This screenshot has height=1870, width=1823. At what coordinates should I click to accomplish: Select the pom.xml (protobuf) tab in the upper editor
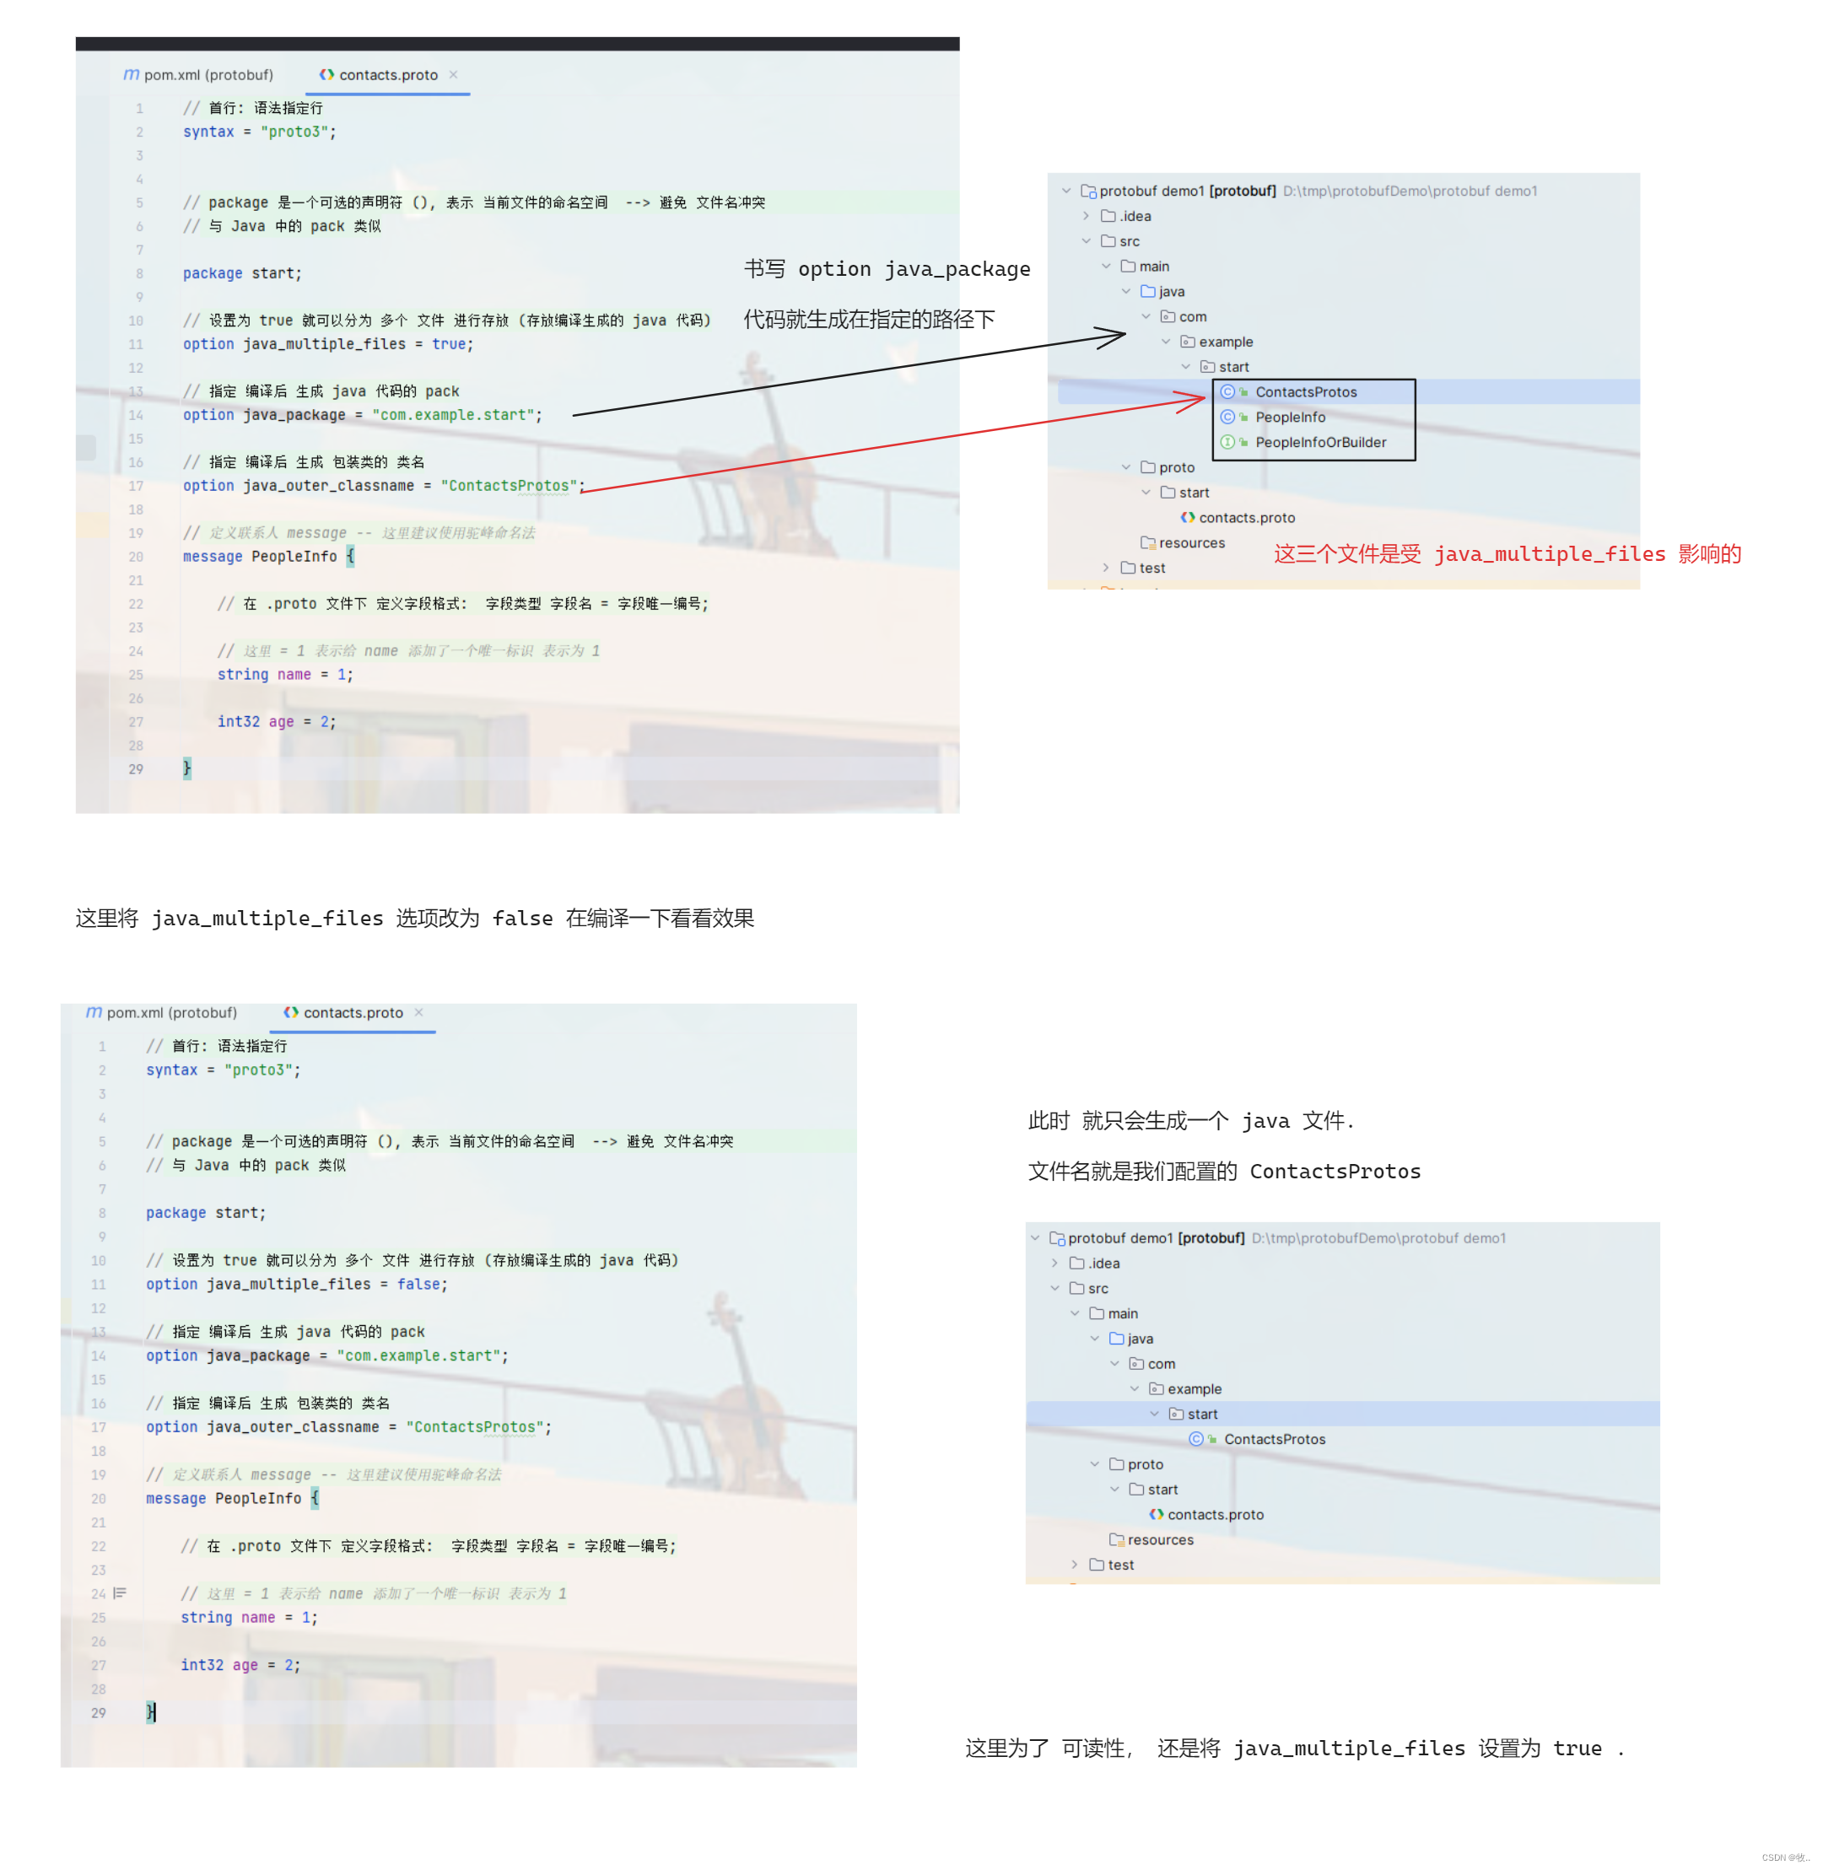click(198, 75)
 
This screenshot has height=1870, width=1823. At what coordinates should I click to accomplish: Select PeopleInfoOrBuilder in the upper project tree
click(1319, 442)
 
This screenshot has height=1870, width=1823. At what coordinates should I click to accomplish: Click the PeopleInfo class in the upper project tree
click(1290, 418)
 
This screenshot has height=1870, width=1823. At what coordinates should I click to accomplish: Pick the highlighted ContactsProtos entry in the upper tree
click(1305, 391)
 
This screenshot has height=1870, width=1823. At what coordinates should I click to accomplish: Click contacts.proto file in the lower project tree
click(1214, 1515)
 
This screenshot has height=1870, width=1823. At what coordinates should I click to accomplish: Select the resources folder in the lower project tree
click(1159, 1539)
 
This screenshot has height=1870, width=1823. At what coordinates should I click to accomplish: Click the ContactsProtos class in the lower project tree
click(1274, 1439)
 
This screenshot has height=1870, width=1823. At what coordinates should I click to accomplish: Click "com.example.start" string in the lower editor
click(420, 1355)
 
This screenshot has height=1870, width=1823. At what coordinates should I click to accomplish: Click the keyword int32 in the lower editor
click(202, 1665)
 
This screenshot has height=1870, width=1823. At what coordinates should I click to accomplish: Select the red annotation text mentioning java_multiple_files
click(1506, 554)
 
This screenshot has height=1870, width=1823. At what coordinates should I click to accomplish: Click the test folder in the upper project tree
click(1151, 568)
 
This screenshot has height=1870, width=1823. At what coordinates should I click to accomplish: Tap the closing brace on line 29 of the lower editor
click(150, 1712)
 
